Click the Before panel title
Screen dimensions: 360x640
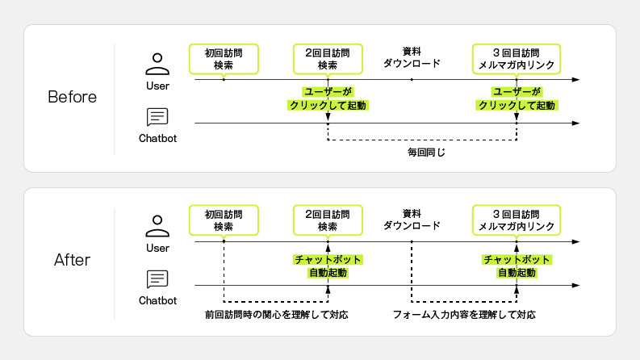[x=72, y=98]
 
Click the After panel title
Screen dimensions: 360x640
[x=72, y=260]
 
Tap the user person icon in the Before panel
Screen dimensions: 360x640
[x=157, y=64]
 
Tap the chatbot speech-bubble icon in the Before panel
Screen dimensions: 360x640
[x=157, y=118]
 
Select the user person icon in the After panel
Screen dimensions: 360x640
[x=157, y=226]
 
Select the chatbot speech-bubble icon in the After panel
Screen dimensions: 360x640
[x=157, y=279]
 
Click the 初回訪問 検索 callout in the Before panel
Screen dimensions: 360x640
[x=224, y=58]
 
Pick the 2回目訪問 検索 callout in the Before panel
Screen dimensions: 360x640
[x=327, y=58]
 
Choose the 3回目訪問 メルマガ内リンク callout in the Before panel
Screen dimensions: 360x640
[x=517, y=58]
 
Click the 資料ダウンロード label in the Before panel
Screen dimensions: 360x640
[x=412, y=57]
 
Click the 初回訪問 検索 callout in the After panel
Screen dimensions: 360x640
[x=224, y=220]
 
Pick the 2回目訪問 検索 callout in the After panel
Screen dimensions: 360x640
[x=327, y=220]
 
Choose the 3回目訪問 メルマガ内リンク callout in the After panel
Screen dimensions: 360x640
[x=517, y=220]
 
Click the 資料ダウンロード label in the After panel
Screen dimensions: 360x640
[x=412, y=219]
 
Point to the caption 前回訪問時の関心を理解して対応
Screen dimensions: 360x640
[x=277, y=314]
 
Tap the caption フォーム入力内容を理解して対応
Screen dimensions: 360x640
[x=464, y=314]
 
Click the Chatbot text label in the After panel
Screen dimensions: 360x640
[x=157, y=300]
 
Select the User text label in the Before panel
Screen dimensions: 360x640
[x=157, y=85]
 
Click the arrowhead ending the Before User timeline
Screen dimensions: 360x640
[x=575, y=80]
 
